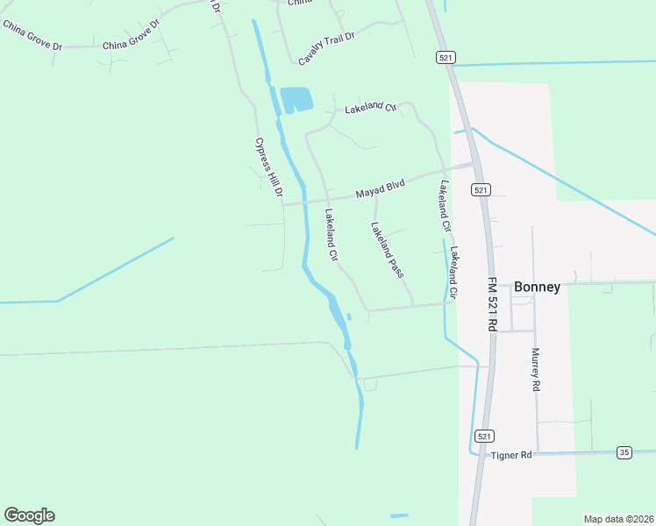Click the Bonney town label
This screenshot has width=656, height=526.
(537, 287)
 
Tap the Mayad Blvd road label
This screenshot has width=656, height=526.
(380, 190)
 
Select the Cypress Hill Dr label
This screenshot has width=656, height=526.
(269, 167)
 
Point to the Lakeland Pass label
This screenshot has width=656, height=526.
(387, 250)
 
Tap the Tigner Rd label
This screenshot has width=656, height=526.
(511, 455)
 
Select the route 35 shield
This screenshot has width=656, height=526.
(624, 452)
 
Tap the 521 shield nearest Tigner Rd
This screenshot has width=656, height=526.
(483, 436)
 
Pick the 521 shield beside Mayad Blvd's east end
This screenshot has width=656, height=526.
(479, 189)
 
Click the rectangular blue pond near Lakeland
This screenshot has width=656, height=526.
(296, 99)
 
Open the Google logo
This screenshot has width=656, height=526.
(29, 515)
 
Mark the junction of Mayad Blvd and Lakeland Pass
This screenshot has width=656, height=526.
(375, 195)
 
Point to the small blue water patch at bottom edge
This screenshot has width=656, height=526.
(399, 515)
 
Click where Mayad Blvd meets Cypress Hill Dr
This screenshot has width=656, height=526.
(283, 205)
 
